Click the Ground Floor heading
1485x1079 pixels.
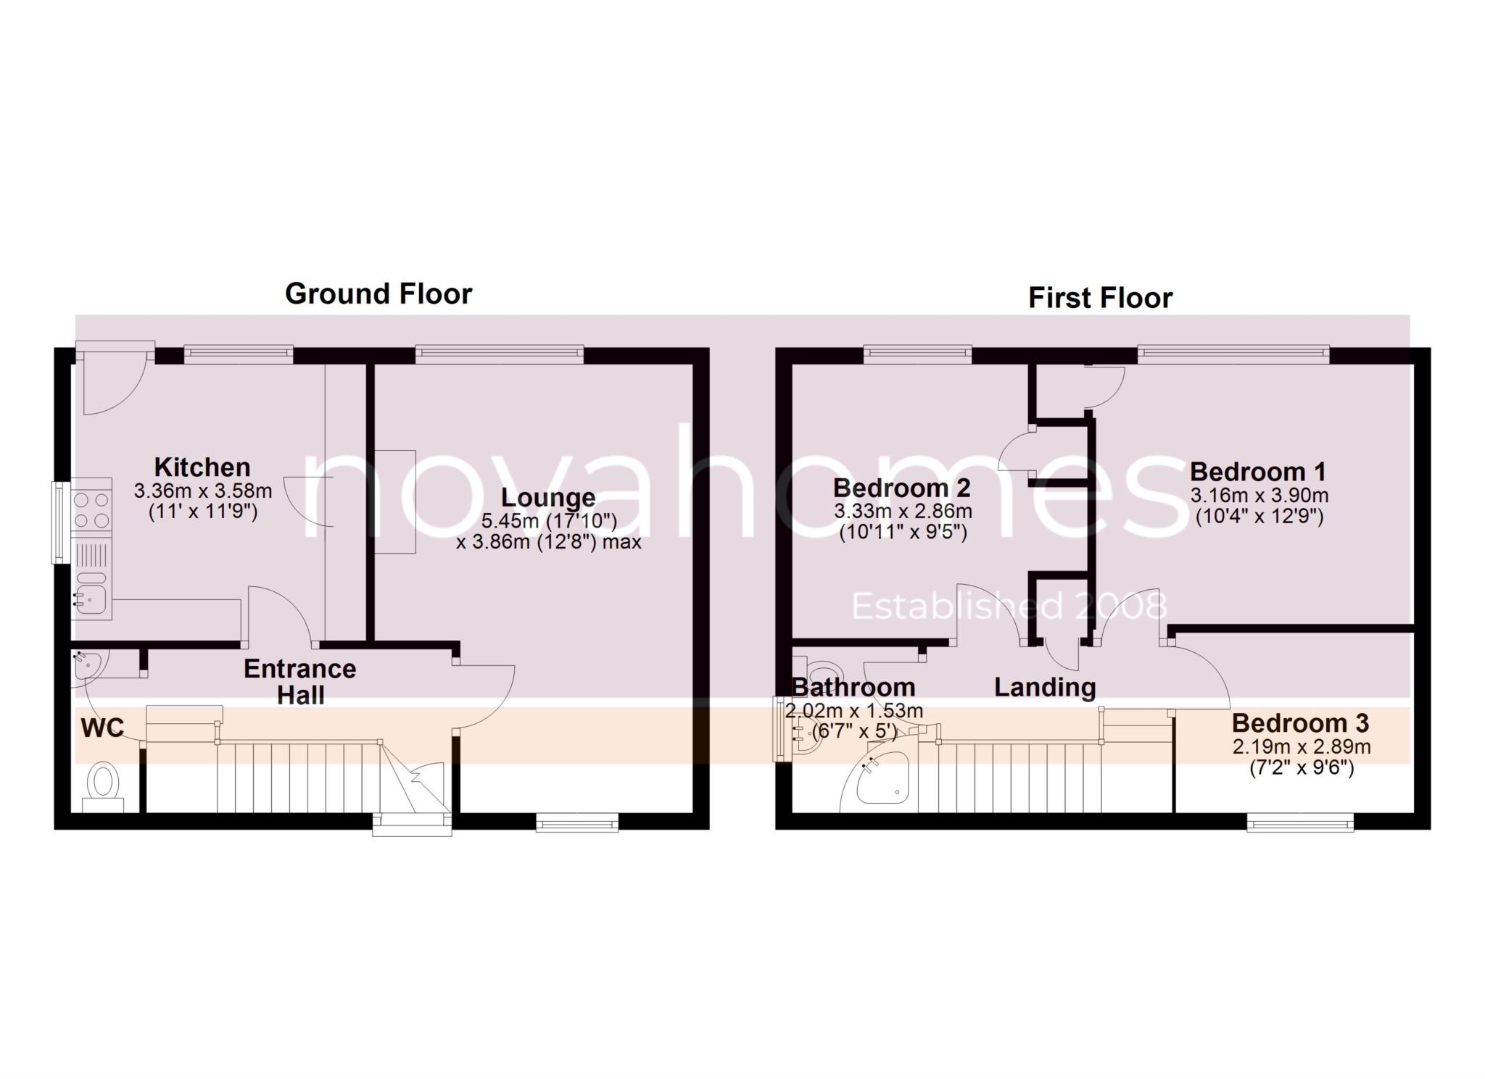379,294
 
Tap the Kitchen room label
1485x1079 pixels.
202,467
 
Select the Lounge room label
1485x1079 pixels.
548,498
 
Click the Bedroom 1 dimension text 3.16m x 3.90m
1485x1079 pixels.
1259,496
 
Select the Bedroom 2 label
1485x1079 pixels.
902,487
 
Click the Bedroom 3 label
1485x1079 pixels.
1300,722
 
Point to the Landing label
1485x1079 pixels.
1044,687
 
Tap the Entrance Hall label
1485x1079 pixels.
300,681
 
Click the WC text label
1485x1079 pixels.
102,728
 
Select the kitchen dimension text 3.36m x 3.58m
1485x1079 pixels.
203,491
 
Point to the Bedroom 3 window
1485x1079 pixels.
1300,821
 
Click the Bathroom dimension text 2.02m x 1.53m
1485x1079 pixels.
853,711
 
